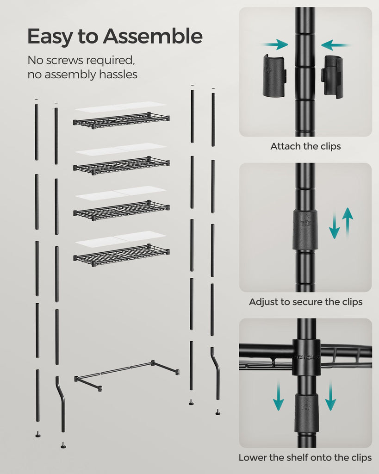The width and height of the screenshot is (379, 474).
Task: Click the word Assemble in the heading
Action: (153, 37)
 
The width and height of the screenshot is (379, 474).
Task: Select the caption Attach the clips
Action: (305, 146)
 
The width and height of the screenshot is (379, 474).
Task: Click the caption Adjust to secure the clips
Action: (305, 302)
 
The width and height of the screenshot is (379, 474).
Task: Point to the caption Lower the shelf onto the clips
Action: (305, 458)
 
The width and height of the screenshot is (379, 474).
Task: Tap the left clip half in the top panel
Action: (273, 75)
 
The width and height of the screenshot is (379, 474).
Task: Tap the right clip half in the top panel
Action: (333, 76)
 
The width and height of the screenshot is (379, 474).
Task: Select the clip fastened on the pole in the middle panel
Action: (305, 230)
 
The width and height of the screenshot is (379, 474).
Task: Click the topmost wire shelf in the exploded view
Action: (122, 120)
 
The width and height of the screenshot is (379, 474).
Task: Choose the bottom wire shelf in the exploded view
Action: (122, 255)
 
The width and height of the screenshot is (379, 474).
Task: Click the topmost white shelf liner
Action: (121, 107)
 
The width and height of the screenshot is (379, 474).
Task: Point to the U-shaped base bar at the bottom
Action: (126, 374)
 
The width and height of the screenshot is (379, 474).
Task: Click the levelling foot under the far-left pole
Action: (38, 434)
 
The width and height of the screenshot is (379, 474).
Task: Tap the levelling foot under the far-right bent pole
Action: (217, 412)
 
